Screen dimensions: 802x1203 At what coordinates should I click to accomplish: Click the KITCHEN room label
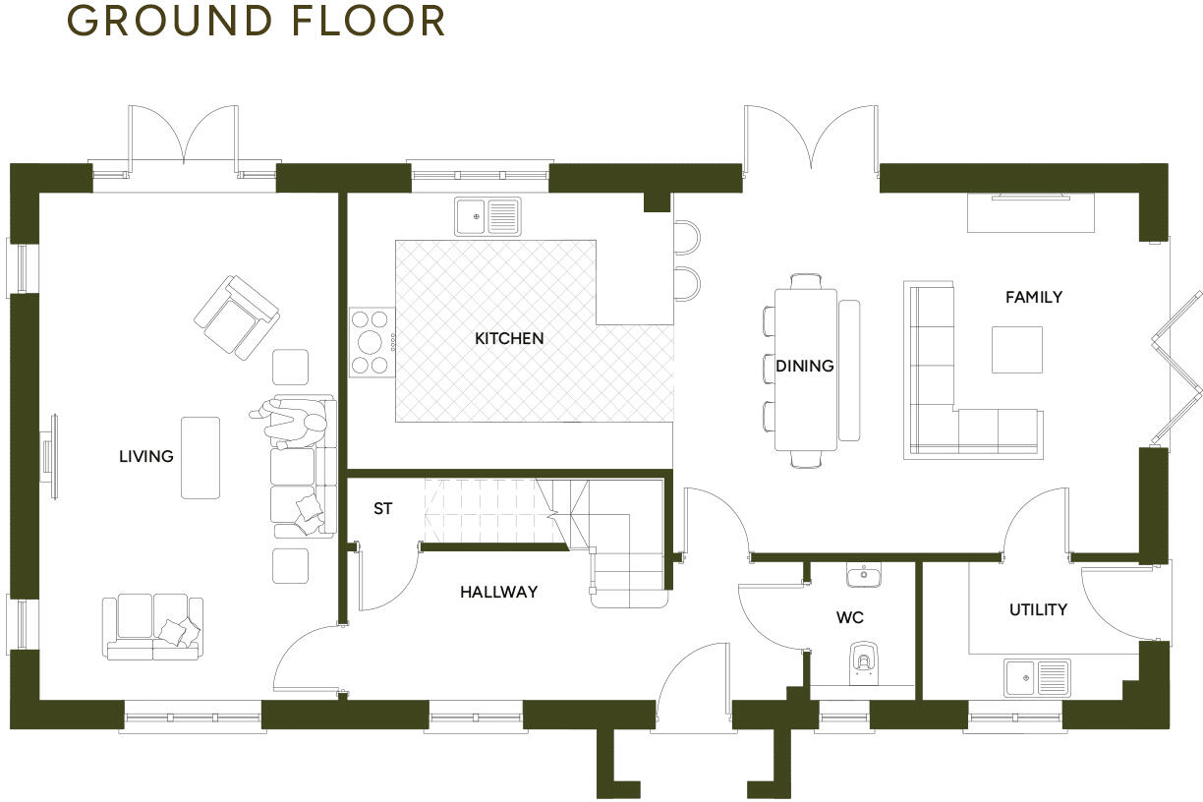[x=508, y=338]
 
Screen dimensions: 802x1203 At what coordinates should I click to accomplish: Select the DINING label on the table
[x=804, y=366]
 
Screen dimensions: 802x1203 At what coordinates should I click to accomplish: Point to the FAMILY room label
[x=1033, y=297]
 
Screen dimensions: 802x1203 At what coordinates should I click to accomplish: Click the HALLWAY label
[x=498, y=592]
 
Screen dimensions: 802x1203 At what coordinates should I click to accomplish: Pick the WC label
[x=849, y=617]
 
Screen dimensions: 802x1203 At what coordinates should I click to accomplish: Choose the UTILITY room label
[x=1038, y=609]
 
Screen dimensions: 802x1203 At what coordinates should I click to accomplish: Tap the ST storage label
[x=382, y=509]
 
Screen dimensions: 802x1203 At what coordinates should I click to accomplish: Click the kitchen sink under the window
[x=487, y=216]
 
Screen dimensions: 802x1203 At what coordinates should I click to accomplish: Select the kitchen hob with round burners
[x=372, y=342]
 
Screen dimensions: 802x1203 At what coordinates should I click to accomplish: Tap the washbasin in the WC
[x=863, y=573]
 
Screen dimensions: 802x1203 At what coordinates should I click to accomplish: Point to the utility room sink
[x=1037, y=677]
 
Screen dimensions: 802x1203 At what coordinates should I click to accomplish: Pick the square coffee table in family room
[x=1016, y=350]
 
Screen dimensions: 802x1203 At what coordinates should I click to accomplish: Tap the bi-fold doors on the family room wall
[x=1176, y=366]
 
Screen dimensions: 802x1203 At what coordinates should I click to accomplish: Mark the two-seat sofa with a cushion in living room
[x=152, y=625]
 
